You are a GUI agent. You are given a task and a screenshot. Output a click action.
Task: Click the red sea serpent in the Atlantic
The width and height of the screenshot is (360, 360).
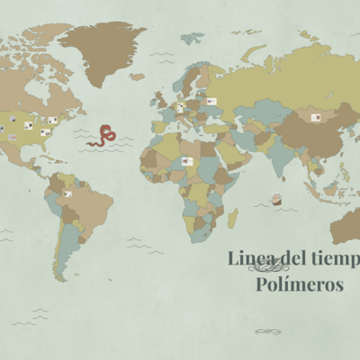pyautogui.click(x=104, y=135)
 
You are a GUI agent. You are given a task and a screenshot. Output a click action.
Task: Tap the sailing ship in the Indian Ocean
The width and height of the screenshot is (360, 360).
pyautogui.click(x=276, y=200)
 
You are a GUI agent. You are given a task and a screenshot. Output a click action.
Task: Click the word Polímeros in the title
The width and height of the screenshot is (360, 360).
pyautogui.click(x=300, y=285)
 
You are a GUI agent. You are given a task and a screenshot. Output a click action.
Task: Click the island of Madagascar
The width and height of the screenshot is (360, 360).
pyautogui.click(x=232, y=217)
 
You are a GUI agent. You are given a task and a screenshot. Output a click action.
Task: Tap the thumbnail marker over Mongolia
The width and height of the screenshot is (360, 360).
pyautogui.click(x=316, y=117)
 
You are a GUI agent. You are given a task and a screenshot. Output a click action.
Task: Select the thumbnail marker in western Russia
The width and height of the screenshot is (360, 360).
pyautogui.click(x=212, y=102)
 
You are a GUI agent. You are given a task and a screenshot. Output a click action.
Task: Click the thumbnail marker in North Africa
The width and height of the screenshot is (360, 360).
pyautogui.click(x=187, y=161)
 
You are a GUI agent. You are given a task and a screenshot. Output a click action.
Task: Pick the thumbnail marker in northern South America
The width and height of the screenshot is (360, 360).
pyautogui.click(x=67, y=193)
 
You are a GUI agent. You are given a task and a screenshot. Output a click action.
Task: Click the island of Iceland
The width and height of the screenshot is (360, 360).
pyautogui.click(x=137, y=76)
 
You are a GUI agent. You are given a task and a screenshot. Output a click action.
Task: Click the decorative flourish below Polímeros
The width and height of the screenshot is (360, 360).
pyautogui.click(x=268, y=331)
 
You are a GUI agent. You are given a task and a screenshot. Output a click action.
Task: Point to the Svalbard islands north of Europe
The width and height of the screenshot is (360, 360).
pyautogui.click(x=192, y=38)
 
